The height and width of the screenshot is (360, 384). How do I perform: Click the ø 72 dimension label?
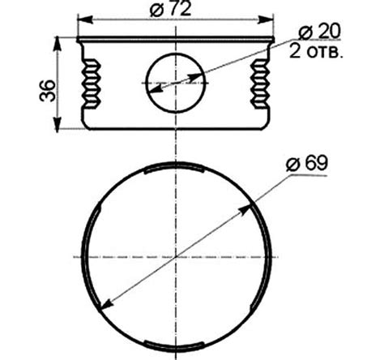point(171,10)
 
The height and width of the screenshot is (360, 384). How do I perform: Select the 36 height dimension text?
point(48,91)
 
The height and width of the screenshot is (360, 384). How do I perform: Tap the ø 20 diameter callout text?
point(319,32)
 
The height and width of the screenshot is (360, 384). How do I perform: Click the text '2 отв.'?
point(316,52)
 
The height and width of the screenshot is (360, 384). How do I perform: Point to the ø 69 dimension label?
point(307,163)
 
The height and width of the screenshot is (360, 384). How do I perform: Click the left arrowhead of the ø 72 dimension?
point(85,19)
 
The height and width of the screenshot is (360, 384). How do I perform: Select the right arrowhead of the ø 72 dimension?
point(266,19)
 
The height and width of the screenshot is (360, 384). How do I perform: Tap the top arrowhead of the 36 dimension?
point(58,44)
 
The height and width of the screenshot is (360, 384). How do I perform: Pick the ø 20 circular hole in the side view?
point(176,83)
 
